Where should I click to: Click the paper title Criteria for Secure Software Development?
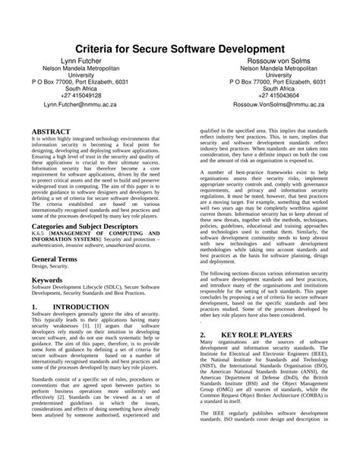click(x=179, y=48)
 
